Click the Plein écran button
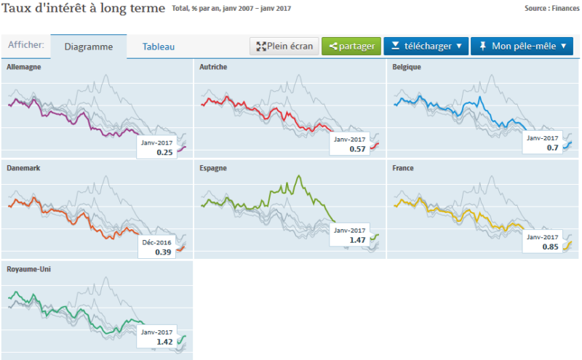click(x=284, y=47)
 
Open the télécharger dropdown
click(x=425, y=47)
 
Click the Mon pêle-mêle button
click(x=522, y=47)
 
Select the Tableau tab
click(x=158, y=47)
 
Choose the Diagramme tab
click(x=89, y=47)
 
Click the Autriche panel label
click(x=212, y=67)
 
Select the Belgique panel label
click(x=407, y=67)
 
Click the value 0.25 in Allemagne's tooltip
click(x=165, y=152)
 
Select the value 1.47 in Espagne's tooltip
click(x=357, y=239)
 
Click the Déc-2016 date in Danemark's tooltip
click(x=156, y=242)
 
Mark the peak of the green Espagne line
click(x=299, y=175)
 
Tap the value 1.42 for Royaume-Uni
click(x=164, y=341)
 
